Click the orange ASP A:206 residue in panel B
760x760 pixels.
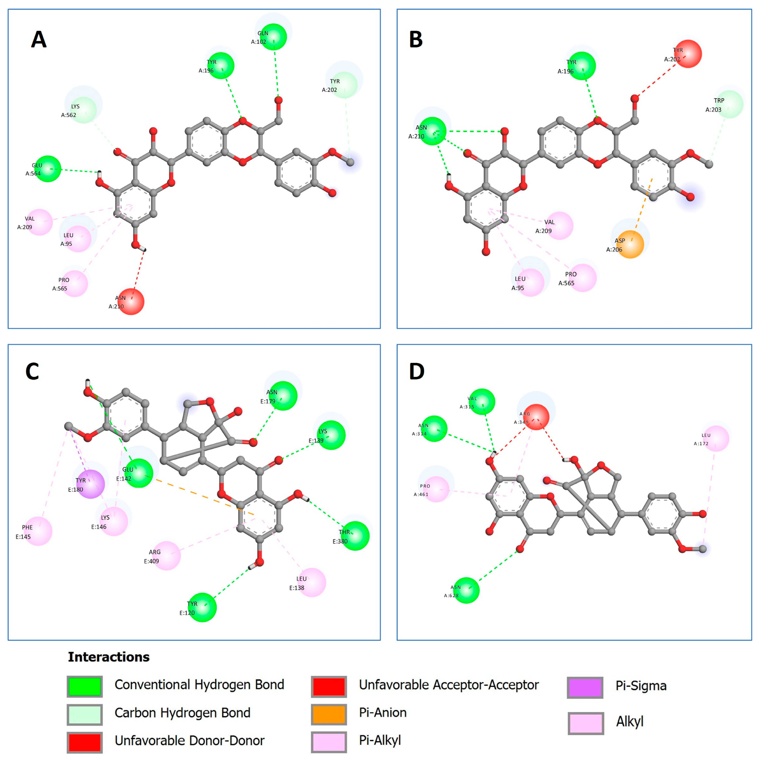630,244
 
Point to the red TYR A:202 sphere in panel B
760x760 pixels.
688,54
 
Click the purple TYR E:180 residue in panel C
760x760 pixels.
91,484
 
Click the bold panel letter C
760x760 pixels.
32,371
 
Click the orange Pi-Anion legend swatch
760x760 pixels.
329,714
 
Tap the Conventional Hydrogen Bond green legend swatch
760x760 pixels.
85,686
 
